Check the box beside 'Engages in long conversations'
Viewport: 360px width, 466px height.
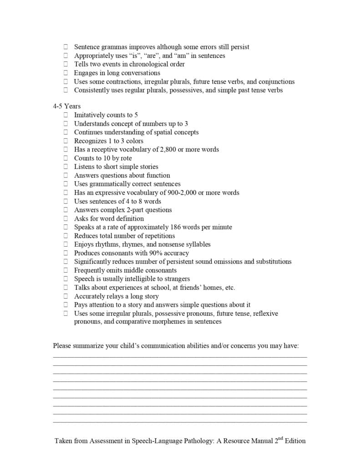(x=66, y=73)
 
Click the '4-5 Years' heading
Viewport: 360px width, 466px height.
(x=66, y=106)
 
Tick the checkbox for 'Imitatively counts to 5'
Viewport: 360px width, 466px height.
(x=66, y=115)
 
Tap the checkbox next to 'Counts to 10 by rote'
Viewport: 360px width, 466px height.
(x=66, y=158)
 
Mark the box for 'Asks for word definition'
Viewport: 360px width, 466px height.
(x=66, y=218)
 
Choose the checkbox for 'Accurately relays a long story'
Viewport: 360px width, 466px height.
(x=66, y=296)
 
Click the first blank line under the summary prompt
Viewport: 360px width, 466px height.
(x=180, y=356)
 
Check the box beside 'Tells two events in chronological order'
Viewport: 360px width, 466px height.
(x=66, y=64)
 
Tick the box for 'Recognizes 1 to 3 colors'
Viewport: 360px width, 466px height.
(x=66, y=141)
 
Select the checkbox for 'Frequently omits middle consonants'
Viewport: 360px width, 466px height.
(x=66, y=270)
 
